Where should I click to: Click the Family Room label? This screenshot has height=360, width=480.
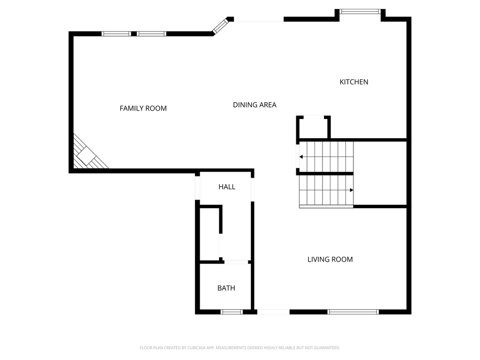pyautogui.click(x=143, y=108)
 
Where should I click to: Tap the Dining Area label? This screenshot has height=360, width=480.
pyautogui.click(x=255, y=105)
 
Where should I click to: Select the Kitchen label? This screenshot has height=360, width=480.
pyautogui.click(x=354, y=82)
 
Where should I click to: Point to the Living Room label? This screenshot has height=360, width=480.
pyautogui.click(x=330, y=259)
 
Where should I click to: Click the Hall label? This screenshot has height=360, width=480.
pyautogui.click(x=227, y=187)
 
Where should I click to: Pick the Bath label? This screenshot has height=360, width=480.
pyautogui.click(x=226, y=288)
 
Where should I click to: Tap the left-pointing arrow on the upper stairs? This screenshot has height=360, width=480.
pyautogui.click(x=302, y=157)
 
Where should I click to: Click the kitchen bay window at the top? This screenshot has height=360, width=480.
pyautogui.click(x=360, y=11)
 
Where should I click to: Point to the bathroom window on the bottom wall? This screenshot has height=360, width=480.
pyautogui.click(x=232, y=312)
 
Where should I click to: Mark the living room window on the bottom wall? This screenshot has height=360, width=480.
pyautogui.click(x=353, y=312)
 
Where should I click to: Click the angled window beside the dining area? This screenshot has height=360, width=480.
pyautogui.click(x=219, y=27)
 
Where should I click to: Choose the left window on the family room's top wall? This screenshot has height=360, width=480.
pyautogui.click(x=116, y=34)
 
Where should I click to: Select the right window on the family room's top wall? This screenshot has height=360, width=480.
pyautogui.click(x=151, y=34)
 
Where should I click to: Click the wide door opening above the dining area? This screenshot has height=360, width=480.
pyautogui.click(x=259, y=20)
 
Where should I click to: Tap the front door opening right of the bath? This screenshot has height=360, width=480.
pyautogui.click(x=273, y=312)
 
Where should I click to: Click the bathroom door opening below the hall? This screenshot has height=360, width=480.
pyautogui.click(x=236, y=262)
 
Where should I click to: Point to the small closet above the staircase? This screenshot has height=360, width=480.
pyautogui.click(x=314, y=127)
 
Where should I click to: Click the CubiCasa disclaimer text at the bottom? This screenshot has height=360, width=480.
pyautogui.click(x=240, y=348)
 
